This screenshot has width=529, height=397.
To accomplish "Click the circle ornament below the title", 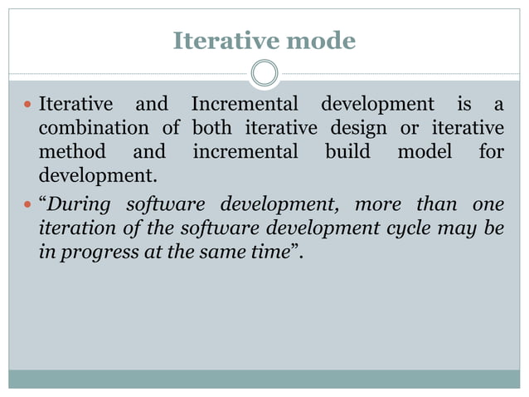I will (264, 74).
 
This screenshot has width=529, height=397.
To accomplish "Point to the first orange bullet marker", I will (28, 105).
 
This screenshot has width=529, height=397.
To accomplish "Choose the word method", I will (72, 154).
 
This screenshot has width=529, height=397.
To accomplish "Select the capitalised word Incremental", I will (244, 105).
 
